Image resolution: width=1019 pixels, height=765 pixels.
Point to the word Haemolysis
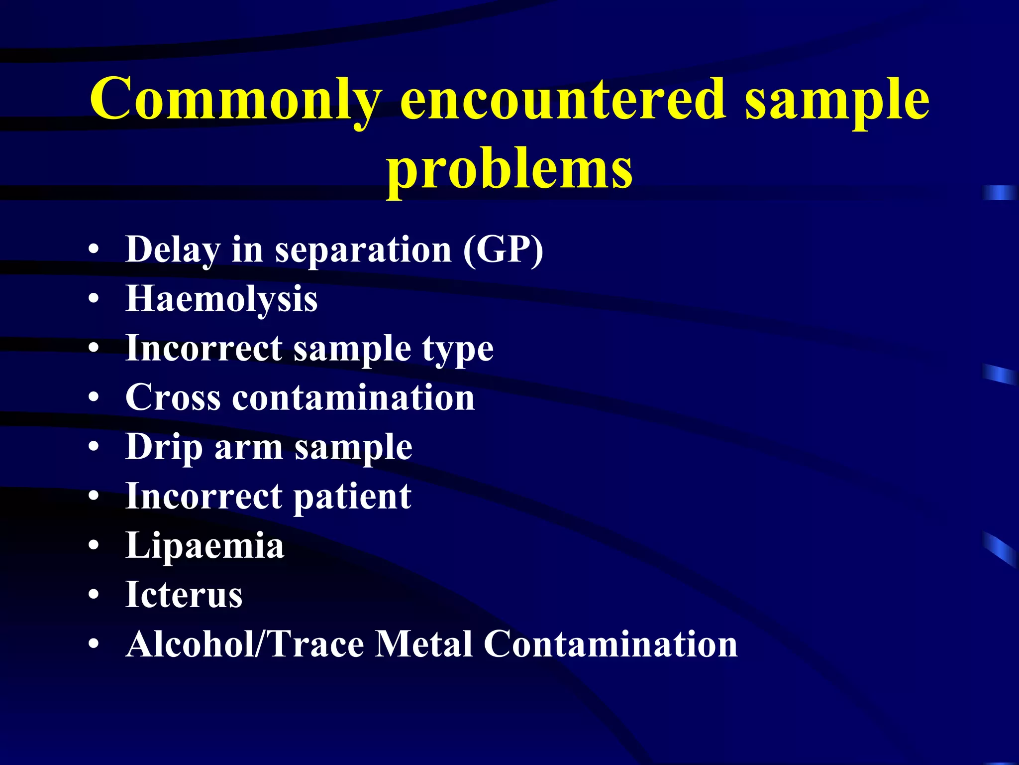[221, 299]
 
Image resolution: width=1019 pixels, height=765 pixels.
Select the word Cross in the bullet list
[173, 397]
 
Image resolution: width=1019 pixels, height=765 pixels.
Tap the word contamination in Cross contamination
[353, 397]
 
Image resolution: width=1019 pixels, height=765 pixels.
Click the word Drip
[164, 447]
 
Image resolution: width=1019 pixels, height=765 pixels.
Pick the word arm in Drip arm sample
[249, 447]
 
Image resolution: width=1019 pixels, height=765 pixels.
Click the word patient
[352, 497]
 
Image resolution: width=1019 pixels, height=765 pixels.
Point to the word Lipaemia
[204, 546]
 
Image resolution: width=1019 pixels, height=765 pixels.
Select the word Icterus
[184, 595]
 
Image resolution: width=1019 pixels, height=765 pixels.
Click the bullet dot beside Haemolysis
[94, 299]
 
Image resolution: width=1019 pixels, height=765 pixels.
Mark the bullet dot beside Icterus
[94, 595]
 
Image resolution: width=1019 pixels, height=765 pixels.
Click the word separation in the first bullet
[363, 250]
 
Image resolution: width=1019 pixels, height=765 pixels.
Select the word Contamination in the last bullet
[611, 644]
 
